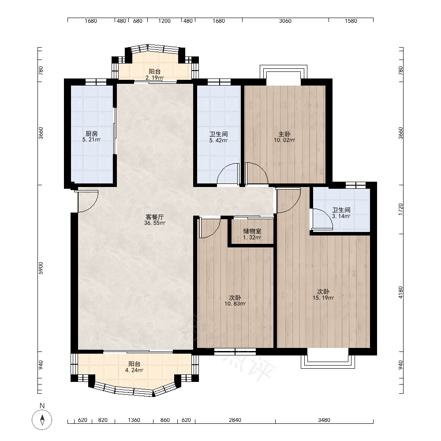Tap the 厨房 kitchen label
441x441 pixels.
91,134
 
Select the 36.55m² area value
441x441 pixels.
155,223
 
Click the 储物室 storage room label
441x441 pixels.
252,231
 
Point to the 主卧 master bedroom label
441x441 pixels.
284,134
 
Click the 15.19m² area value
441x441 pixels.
323,298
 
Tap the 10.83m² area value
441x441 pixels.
235,304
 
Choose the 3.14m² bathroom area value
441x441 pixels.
341,216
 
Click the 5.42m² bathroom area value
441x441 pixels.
218,140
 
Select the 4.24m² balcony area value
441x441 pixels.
134,370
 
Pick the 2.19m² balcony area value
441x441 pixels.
154,78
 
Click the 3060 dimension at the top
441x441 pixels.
285,21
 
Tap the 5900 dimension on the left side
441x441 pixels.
41,268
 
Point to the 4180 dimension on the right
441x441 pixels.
400,292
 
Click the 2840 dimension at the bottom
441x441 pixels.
235,420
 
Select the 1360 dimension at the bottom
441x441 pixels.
134,420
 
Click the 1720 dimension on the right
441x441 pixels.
400,209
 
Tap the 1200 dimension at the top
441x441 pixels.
164,21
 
